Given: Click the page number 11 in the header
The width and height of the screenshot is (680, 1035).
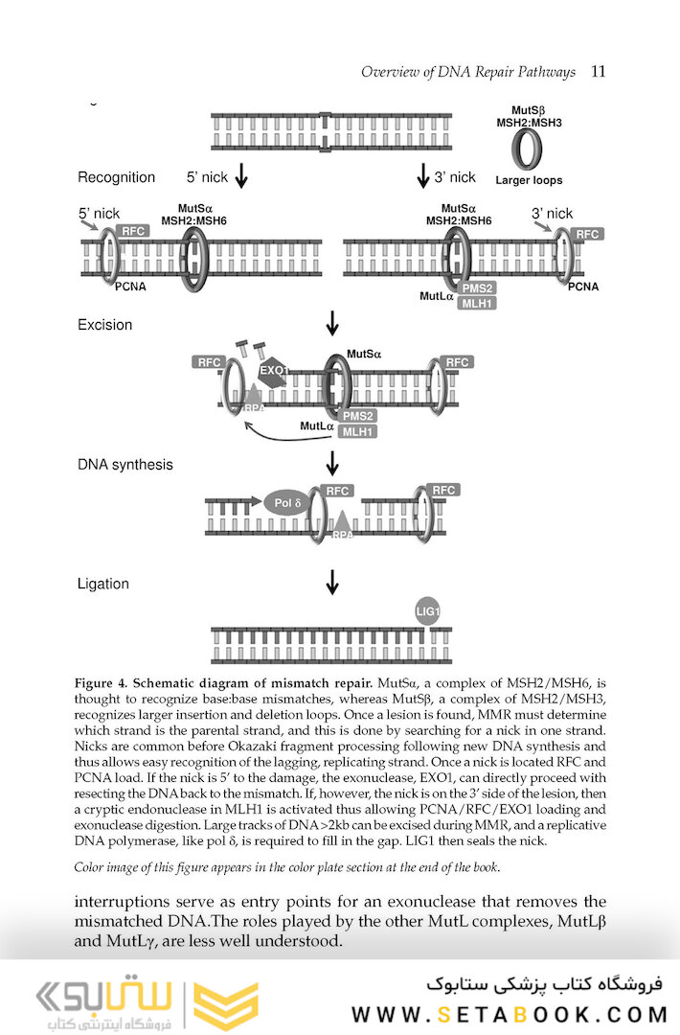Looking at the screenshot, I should (599, 72).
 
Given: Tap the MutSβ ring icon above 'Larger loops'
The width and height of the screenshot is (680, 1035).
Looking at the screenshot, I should (527, 149).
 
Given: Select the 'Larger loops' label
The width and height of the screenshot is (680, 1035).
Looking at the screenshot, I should (529, 180).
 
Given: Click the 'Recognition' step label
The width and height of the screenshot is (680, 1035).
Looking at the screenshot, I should (116, 177).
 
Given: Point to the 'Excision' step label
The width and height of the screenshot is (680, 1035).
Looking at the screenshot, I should (104, 325).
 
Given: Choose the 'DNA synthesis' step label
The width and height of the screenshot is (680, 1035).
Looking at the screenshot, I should (125, 465).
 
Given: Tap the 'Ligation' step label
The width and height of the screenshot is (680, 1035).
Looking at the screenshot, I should (102, 584).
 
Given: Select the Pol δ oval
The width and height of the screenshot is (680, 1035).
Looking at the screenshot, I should (288, 501).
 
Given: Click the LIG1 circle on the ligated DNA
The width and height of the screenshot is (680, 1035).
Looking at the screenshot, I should (428, 610).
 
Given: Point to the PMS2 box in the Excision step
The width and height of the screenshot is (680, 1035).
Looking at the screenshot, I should (357, 416).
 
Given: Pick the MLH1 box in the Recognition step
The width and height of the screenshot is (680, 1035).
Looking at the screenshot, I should (477, 304).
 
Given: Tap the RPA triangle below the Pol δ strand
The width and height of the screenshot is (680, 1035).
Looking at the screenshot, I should (343, 523).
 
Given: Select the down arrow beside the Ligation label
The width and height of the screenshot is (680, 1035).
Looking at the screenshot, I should (332, 582).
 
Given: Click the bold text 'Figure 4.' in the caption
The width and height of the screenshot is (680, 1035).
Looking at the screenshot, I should (101, 683).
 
